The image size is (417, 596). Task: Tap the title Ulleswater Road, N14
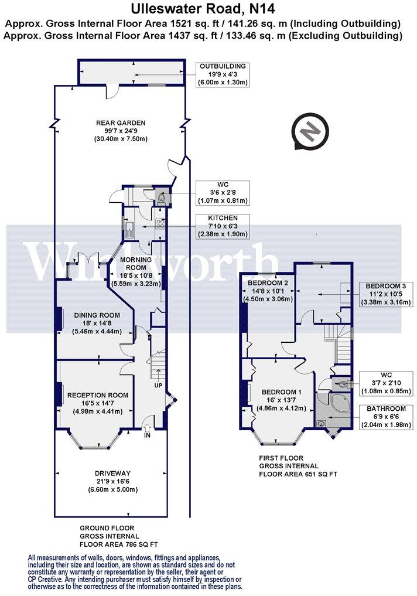tap(208, 8)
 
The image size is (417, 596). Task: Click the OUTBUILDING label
tap(223, 66)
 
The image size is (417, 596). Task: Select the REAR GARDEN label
tap(121, 123)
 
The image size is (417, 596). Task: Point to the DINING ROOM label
tap(98, 315)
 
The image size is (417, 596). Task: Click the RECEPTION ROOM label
tap(97, 395)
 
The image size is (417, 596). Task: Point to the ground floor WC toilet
tap(162, 199)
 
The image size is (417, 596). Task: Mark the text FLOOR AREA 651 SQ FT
tap(299, 474)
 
